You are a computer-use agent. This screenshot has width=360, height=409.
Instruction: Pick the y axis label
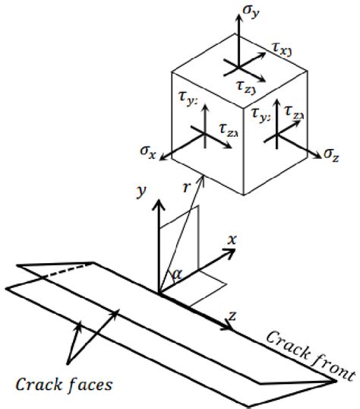(141, 195)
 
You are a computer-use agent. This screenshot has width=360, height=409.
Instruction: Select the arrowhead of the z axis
(229, 329)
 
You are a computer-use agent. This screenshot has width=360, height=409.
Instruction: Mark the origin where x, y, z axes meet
(159, 292)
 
